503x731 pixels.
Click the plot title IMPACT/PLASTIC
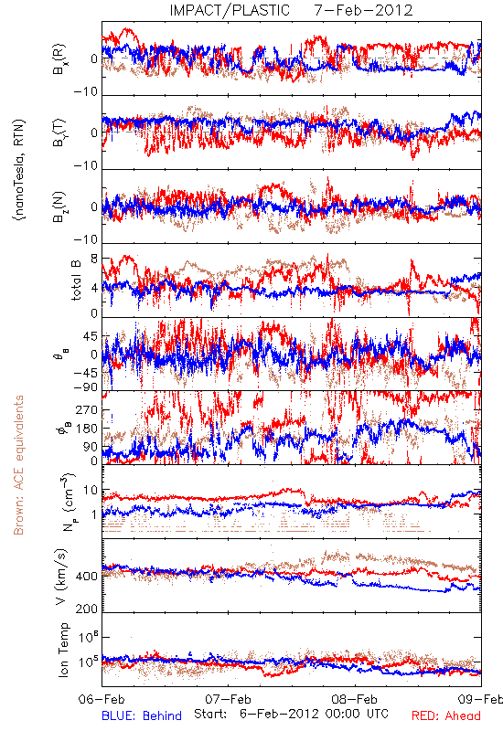click(230, 10)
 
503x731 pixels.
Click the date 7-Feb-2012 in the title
click(364, 10)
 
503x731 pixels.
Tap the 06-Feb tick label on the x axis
click(102, 699)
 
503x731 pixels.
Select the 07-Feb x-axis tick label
click(228, 699)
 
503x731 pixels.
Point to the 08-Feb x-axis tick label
click(355, 699)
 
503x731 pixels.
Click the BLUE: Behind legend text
click(142, 715)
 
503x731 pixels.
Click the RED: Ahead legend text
click(446, 715)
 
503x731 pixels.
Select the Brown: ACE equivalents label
click(18, 465)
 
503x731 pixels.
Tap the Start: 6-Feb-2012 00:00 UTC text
click(291, 714)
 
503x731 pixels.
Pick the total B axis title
click(76, 280)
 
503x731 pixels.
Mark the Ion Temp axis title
click(63, 650)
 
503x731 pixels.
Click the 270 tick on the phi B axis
click(87, 410)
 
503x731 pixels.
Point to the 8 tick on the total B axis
click(94, 259)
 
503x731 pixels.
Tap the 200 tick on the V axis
click(87, 609)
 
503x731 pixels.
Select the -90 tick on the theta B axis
click(86, 387)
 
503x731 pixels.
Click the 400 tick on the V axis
click(87, 576)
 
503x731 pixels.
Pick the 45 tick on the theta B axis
click(91, 336)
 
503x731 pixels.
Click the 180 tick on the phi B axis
click(87, 429)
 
